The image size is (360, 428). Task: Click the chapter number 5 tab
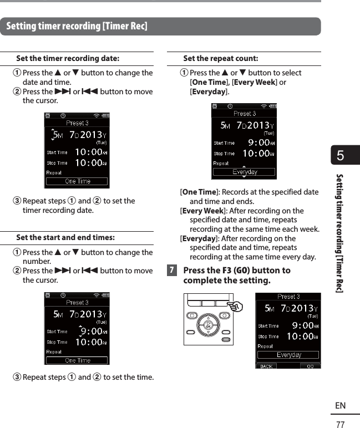(x=340, y=156)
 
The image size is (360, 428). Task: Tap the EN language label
(x=340, y=406)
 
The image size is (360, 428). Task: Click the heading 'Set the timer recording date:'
(x=67, y=58)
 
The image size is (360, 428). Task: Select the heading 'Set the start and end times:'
(x=65, y=237)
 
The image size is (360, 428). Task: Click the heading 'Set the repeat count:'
(x=220, y=58)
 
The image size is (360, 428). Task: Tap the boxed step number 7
(x=173, y=271)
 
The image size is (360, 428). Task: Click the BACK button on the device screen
(x=267, y=366)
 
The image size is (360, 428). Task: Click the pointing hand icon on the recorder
(x=236, y=305)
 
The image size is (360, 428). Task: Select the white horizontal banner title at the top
(x=77, y=26)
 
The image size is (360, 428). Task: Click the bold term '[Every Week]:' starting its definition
(x=202, y=211)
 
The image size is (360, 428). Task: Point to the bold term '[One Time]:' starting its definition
(x=199, y=192)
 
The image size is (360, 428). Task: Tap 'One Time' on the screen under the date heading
(x=77, y=181)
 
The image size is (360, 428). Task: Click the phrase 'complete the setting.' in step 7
(x=227, y=281)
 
